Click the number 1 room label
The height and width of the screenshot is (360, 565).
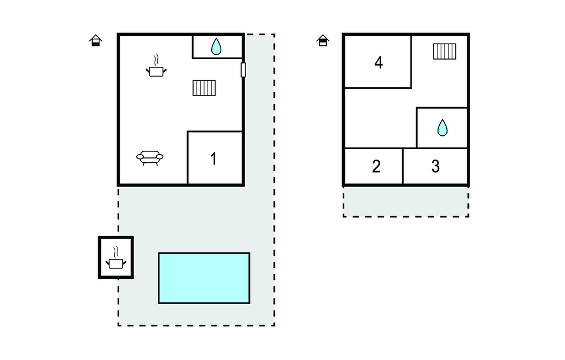[214, 158]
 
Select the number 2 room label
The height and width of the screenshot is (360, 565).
[376, 166]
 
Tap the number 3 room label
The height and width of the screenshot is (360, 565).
[435, 166]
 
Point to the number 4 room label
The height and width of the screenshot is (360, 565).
[379, 62]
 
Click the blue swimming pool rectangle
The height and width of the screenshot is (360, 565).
[204, 278]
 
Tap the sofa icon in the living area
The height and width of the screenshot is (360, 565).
[150, 157]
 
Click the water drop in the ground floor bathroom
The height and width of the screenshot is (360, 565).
[216, 46]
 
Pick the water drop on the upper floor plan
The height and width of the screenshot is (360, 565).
[443, 128]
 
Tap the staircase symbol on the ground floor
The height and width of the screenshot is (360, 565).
[204, 88]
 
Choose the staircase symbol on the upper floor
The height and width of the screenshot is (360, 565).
[445, 51]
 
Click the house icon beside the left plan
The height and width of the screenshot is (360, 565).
[95, 40]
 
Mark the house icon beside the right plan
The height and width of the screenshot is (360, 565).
[323, 40]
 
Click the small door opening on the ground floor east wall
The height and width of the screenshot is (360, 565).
[243, 70]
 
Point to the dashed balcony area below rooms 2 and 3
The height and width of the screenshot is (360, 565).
[406, 202]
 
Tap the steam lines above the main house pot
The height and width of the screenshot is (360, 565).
[156, 60]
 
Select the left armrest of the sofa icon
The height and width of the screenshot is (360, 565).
[140, 157]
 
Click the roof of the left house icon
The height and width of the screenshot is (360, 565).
[95, 36]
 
